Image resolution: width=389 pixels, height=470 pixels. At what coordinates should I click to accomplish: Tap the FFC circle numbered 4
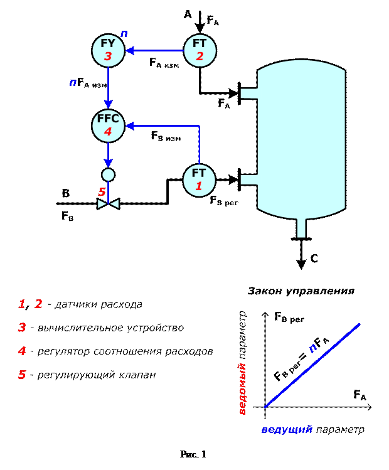[108, 126]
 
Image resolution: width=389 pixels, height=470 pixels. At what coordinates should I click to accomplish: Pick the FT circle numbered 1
[199, 179]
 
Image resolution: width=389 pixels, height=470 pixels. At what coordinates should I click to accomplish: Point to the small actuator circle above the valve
[108, 174]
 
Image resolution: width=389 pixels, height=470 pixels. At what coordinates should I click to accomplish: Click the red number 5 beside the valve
[102, 191]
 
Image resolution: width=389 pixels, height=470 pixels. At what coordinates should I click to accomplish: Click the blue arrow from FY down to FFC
[108, 88]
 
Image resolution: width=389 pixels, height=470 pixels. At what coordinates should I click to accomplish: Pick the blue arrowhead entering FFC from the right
[131, 126]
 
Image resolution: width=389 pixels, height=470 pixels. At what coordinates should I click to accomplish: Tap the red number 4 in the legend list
[22, 351]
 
